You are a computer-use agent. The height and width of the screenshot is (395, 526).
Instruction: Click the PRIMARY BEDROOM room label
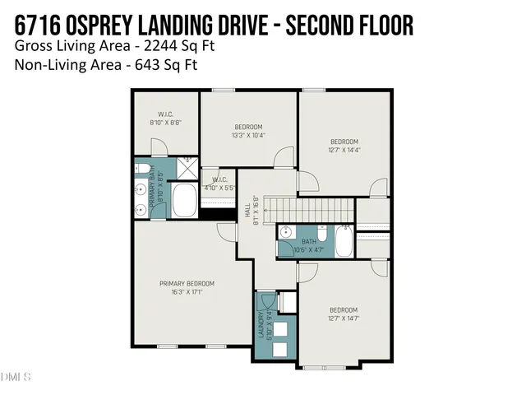pos(189,283)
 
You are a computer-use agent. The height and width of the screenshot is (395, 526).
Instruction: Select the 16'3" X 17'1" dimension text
pos(189,292)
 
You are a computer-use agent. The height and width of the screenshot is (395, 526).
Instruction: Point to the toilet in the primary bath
pos(141,170)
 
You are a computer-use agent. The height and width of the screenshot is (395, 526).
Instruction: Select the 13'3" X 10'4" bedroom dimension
pos(248,135)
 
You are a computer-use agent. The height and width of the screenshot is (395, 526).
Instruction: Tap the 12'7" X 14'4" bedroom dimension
pos(344,150)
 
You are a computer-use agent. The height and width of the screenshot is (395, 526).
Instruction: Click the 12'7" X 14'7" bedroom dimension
pos(344,318)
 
